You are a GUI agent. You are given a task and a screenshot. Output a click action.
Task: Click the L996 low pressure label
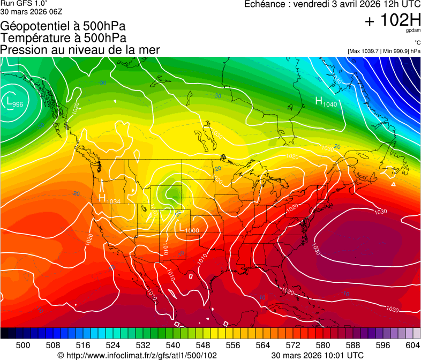(14, 102)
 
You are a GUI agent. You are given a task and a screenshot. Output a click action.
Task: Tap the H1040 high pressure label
(326, 102)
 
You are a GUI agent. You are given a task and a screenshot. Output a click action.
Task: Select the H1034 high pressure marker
(109, 199)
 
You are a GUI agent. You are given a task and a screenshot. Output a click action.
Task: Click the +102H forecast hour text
(392, 21)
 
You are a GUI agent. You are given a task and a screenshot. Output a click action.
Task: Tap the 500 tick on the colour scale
(22, 346)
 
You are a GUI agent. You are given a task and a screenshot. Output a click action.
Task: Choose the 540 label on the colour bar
(173, 346)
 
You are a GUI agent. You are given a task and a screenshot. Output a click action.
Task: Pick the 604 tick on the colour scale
(412, 346)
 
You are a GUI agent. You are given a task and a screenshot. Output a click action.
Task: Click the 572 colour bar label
(293, 346)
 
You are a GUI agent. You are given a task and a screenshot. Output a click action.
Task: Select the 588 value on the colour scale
(353, 346)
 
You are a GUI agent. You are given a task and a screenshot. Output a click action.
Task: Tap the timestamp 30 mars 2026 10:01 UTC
(317, 355)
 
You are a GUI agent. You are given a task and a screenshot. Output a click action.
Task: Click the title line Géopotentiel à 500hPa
(63, 26)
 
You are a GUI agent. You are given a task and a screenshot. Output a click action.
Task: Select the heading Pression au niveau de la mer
(80, 50)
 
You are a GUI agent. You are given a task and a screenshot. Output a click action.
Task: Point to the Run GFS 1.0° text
(24, 3)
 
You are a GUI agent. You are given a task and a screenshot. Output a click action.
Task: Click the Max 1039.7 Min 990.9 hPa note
(384, 51)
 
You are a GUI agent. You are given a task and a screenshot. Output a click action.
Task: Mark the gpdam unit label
(413, 31)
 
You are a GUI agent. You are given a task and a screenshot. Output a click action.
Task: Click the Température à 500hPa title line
(63, 37)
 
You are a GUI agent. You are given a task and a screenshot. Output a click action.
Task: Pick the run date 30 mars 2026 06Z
(27, 12)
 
